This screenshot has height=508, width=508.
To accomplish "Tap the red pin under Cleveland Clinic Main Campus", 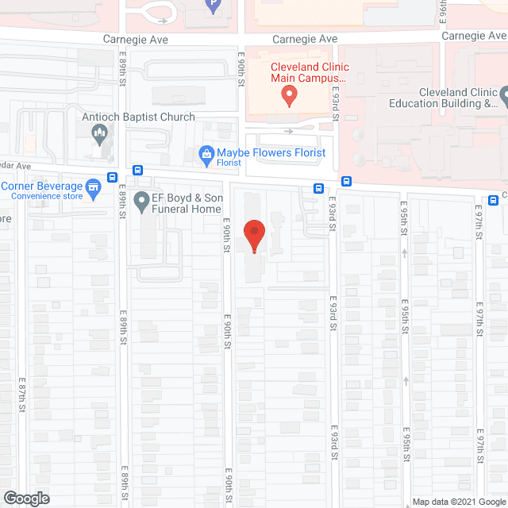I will (290, 97).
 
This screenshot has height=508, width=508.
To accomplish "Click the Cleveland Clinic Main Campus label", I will (309, 72).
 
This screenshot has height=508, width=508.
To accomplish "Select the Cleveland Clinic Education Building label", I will (447, 97).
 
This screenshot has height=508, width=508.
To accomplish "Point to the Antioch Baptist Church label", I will (139, 117).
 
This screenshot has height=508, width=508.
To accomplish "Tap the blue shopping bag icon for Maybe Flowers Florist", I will (205, 153).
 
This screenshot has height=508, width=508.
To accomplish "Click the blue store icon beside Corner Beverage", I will (94, 187).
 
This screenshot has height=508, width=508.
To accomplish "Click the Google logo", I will (25, 498).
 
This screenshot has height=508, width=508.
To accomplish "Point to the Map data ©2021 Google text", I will (459, 502).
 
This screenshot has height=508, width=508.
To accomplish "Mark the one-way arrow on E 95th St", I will (405, 253).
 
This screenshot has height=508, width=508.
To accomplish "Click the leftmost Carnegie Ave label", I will (135, 39).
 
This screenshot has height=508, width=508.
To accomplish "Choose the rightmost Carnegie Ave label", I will (474, 36).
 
